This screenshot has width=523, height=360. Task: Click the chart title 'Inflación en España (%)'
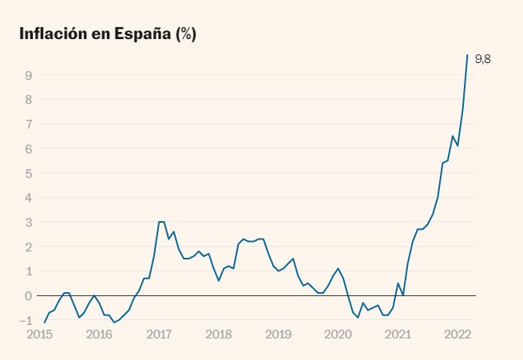[107, 34]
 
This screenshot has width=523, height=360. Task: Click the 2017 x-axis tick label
[159, 334]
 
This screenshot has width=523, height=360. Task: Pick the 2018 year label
[219, 334]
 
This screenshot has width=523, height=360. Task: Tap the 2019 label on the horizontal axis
[278, 334]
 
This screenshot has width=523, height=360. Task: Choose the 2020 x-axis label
[339, 334]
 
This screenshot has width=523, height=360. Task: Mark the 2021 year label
[398, 334]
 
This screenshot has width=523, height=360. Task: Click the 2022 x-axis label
[458, 334]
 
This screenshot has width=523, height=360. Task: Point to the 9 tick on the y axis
[28, 75]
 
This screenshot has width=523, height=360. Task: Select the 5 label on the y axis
[28, 173]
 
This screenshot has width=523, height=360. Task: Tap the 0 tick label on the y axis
[28, 296]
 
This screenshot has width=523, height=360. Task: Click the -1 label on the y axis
[26, 321]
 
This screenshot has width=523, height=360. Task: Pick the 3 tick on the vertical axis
[28, 223]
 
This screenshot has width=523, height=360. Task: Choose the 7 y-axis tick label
[28, 125]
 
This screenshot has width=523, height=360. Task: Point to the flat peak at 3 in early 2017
[161, 222]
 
